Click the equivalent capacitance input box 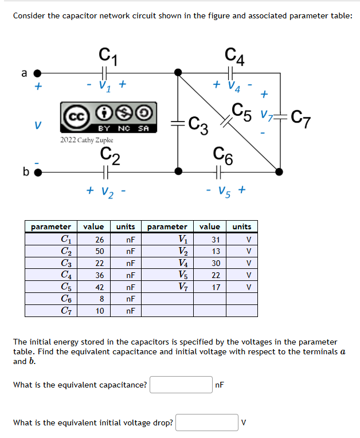(x=181, y=385)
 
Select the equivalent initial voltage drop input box (x=207, y=423)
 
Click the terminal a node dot (x=38, y=73)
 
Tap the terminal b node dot (x=38, y=171)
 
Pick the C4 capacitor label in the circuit (x=235, y=56)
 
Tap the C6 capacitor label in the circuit (x=223, y=153)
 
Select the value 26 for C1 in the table (x=99, y=239)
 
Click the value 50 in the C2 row (x=99, y=251)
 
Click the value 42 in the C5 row (x=99, y=287)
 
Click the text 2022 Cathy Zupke (x=87, y=140)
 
